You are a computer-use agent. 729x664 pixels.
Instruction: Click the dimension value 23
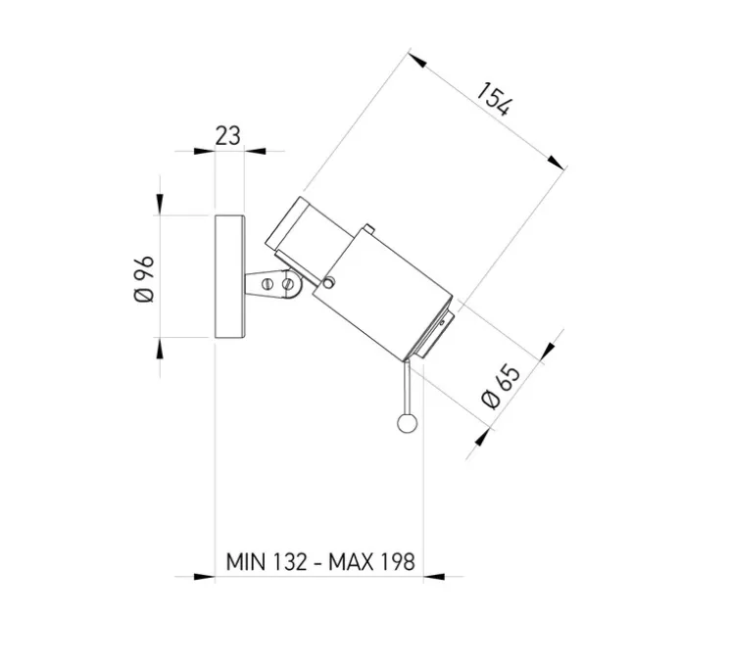click(227, 136)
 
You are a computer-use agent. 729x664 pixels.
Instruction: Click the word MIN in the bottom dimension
click(245, 563)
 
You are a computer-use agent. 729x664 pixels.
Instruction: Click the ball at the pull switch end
click(406, 423)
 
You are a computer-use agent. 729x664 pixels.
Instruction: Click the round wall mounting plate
click(229, 277)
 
